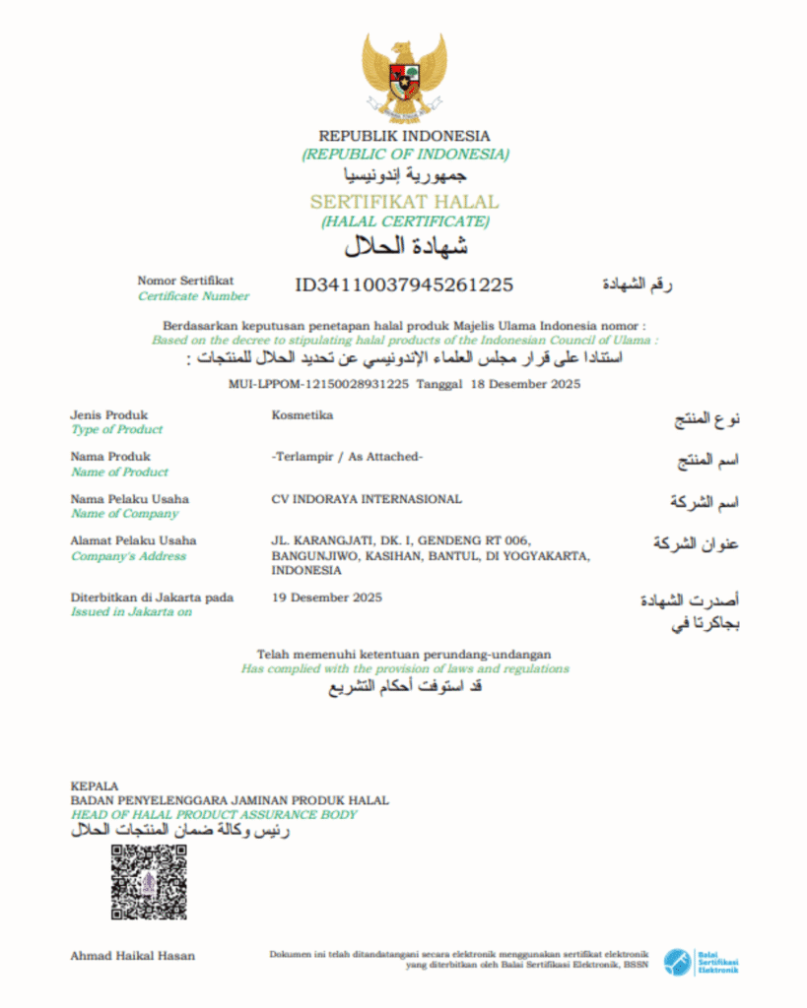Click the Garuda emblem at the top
coord(403,77)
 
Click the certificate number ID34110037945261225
coord(404,285)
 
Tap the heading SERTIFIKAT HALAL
coord(404,202)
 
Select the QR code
coord(149,882)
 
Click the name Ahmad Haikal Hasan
coord(133,955)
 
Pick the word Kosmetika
coord(303,414)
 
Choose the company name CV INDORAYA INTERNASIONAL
coord(367,498)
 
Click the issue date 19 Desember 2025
coord(327,597)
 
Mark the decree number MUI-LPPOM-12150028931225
coord(317,383)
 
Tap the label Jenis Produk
coord(109,414)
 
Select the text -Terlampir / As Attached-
coord(347,456)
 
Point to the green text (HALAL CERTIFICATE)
coord(405,221)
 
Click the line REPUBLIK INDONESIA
coord(404,136)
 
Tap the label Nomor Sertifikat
coord(186,281)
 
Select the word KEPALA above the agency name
coord(95,786)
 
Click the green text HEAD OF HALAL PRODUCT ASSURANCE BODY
coord(214,815)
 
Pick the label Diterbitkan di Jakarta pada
coord(152,597)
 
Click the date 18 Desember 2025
coord(525,383)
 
